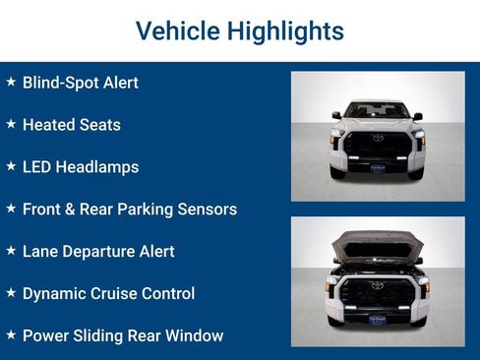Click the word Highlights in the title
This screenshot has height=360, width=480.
point(285,30)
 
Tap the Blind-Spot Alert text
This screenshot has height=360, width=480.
point(81,83)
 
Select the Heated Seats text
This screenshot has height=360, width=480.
point(72,125)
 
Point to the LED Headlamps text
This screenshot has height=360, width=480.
point(81,167)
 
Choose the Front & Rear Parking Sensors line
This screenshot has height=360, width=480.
point(130,210)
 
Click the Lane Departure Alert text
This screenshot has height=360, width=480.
point(98,252)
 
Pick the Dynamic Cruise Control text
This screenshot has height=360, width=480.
point(108,294)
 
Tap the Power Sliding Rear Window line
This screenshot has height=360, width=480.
point(123,336)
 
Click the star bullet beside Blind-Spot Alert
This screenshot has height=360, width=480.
point(11,82)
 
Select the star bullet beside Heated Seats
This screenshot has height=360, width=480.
point(11,124)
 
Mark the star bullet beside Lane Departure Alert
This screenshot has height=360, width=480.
point(11,251)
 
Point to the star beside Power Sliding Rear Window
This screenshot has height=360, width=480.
point(11,335)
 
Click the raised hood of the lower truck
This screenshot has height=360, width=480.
point(377,242)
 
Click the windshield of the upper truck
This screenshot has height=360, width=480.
point(377,110)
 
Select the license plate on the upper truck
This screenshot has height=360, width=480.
point(378,168)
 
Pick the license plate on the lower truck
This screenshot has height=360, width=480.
point(378,319)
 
